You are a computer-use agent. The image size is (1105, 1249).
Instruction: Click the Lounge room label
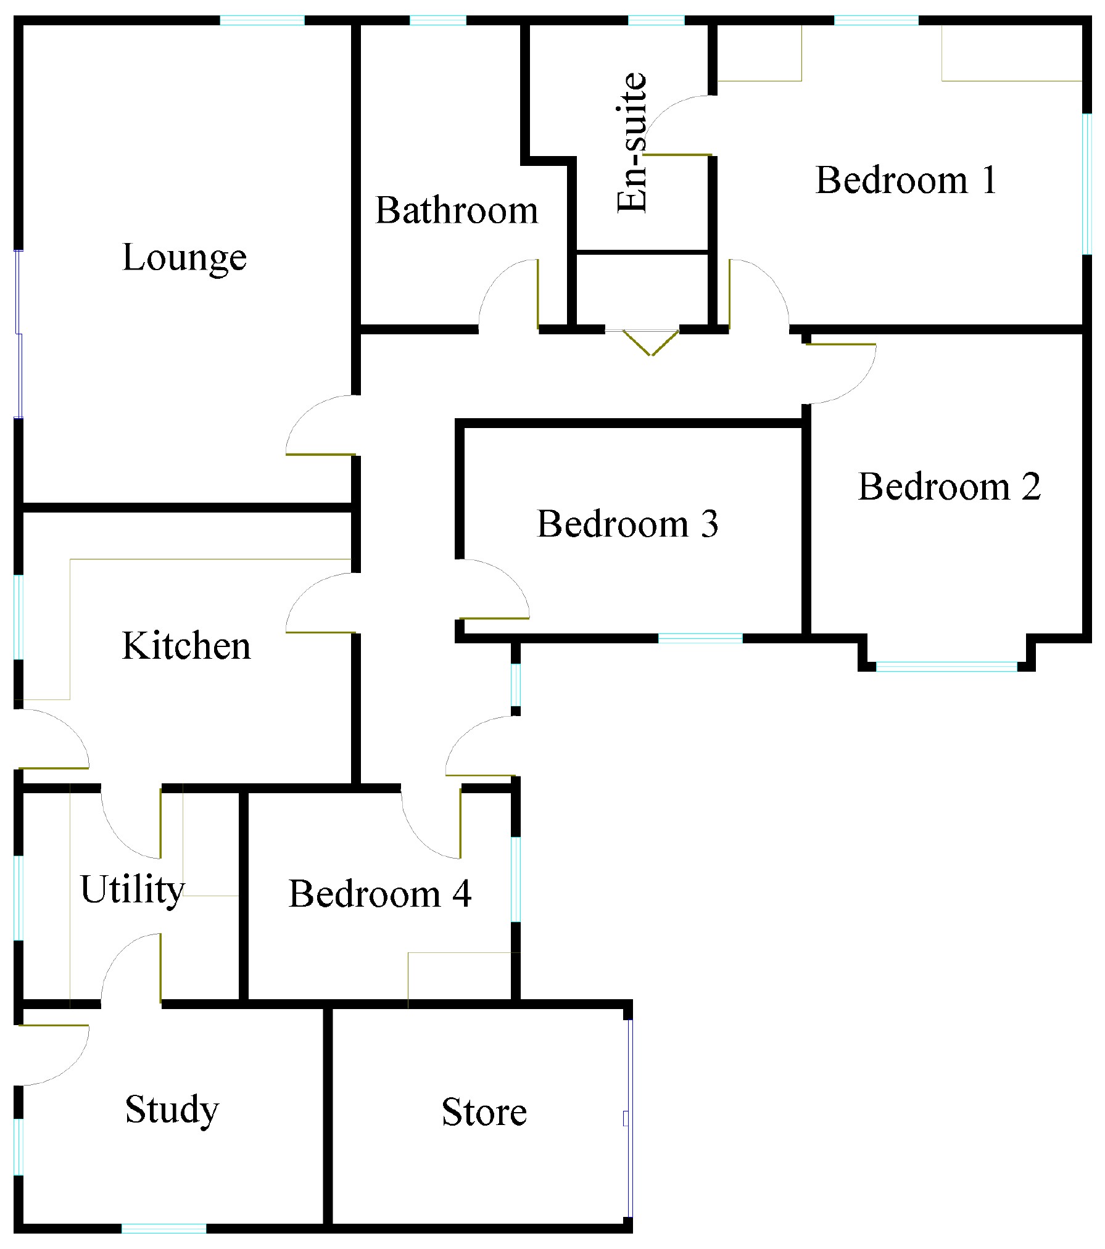click(184, 258)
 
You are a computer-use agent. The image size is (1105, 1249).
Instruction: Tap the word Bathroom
click(457, 211)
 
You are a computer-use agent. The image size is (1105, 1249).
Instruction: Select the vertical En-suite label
click(633, 143)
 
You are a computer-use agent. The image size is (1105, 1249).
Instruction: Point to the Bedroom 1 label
click(906, 180)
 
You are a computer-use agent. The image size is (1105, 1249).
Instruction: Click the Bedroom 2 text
click(949, 487)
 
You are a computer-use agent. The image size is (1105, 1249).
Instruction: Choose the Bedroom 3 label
click(627, 524)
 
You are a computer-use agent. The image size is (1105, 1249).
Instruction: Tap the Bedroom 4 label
click(379, 894)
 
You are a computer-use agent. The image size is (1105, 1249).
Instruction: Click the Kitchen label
click(186, 646)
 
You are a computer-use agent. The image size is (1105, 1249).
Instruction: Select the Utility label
click(132, 890)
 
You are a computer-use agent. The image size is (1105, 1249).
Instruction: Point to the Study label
click(172, 1110)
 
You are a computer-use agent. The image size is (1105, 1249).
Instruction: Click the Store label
click(484, 1112)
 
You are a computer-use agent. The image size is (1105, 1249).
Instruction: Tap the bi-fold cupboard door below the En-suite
click(650, 342)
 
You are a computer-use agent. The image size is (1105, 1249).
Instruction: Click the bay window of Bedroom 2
click(946, 666)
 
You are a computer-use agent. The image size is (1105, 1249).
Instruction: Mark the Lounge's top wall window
click(262, 20)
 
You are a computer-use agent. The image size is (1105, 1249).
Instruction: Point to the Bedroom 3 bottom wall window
click(700, 638)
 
